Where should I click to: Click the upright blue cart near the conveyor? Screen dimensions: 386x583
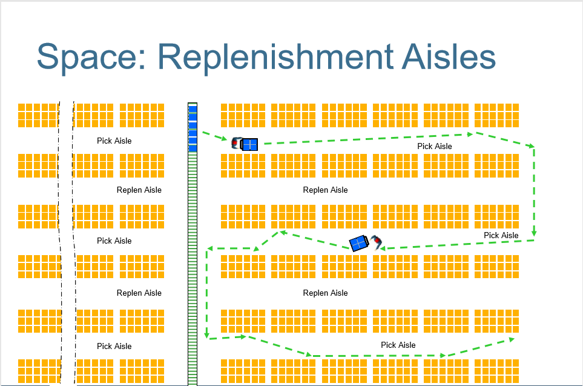249,144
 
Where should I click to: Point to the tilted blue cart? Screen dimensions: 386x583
359,243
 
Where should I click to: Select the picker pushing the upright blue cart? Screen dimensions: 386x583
236,143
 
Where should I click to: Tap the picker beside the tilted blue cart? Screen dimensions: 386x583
378,242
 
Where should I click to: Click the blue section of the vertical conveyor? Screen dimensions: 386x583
193,128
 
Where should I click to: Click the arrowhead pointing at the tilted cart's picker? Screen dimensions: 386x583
383,247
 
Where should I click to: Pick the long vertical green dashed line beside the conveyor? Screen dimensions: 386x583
207,292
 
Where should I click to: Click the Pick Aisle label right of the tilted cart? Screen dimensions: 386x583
501,235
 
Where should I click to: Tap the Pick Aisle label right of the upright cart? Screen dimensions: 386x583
434,146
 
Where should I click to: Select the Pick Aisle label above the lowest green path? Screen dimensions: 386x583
398,345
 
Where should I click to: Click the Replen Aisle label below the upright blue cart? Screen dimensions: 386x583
325,190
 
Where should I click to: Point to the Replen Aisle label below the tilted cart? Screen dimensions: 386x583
325,293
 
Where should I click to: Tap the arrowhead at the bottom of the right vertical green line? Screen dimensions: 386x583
533,233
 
